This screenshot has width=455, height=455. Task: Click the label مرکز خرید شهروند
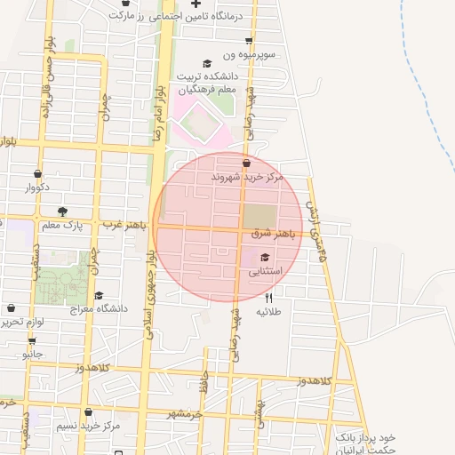[x=246, y=178]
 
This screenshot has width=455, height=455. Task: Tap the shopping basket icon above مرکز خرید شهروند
[x=246, y=164]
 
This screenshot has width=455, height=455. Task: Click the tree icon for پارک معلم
[x=62, y=212]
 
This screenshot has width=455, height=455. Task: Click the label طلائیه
[x=269, y=312]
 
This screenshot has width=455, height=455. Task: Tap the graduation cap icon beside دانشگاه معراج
[x=99, y=295]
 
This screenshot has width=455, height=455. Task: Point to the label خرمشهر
[x=185, y=414]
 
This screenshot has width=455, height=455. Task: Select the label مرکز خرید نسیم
[x=88, y=427]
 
